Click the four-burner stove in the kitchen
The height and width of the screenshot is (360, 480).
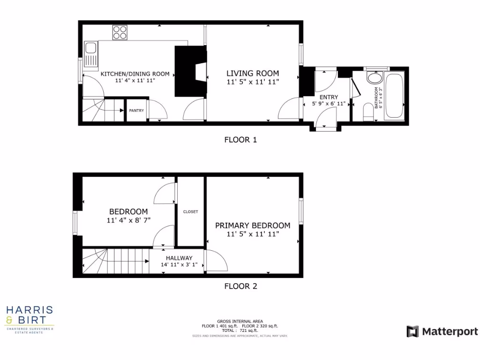click(120, 32)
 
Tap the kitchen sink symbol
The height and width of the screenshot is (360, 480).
click(90, 54)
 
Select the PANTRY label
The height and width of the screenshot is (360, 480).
click(136, 111)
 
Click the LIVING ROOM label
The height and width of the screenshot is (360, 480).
click(253, 73)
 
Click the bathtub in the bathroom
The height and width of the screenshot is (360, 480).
click(393, 96)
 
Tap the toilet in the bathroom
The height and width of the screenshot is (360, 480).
click(368, 112)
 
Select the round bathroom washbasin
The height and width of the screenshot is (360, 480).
click(375, 78)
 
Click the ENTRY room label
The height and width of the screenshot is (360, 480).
click(329, 97)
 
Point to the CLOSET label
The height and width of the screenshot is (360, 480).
click(190, 211)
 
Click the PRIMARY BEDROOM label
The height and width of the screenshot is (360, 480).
click(253, 225)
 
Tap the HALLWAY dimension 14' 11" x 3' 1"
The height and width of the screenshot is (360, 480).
click(179, 265)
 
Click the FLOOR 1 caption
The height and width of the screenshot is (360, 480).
click(240, 139)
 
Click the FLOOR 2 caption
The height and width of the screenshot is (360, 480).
click(240, 286)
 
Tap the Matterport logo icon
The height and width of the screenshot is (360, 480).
click(412, 331)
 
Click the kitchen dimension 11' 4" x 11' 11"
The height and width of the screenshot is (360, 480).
click(135, 81)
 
